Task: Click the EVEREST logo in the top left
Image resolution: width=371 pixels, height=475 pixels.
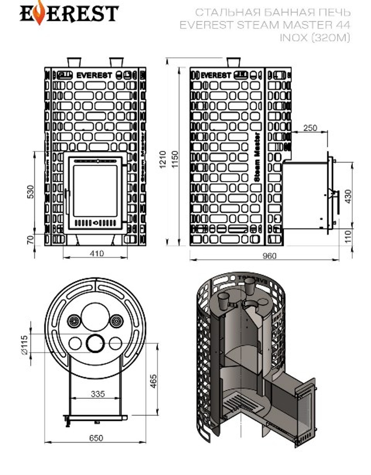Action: (69, 14)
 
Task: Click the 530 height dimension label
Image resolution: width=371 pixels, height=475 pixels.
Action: (31, 191)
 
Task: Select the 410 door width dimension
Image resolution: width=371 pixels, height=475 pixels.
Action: (96, 254)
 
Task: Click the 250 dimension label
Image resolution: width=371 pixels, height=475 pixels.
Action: (310, 128)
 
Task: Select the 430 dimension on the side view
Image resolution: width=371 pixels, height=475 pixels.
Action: (348, 196)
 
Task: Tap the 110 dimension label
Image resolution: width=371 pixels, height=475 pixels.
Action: (348, 235)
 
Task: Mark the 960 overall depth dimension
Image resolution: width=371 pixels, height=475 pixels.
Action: (270, 256)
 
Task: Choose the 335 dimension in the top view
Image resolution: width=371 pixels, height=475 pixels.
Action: (98, 394)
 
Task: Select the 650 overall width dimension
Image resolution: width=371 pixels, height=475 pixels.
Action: (96, 438)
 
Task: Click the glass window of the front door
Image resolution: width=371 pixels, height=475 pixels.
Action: (95, 190)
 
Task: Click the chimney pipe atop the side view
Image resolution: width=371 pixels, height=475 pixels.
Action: (233, 62)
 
